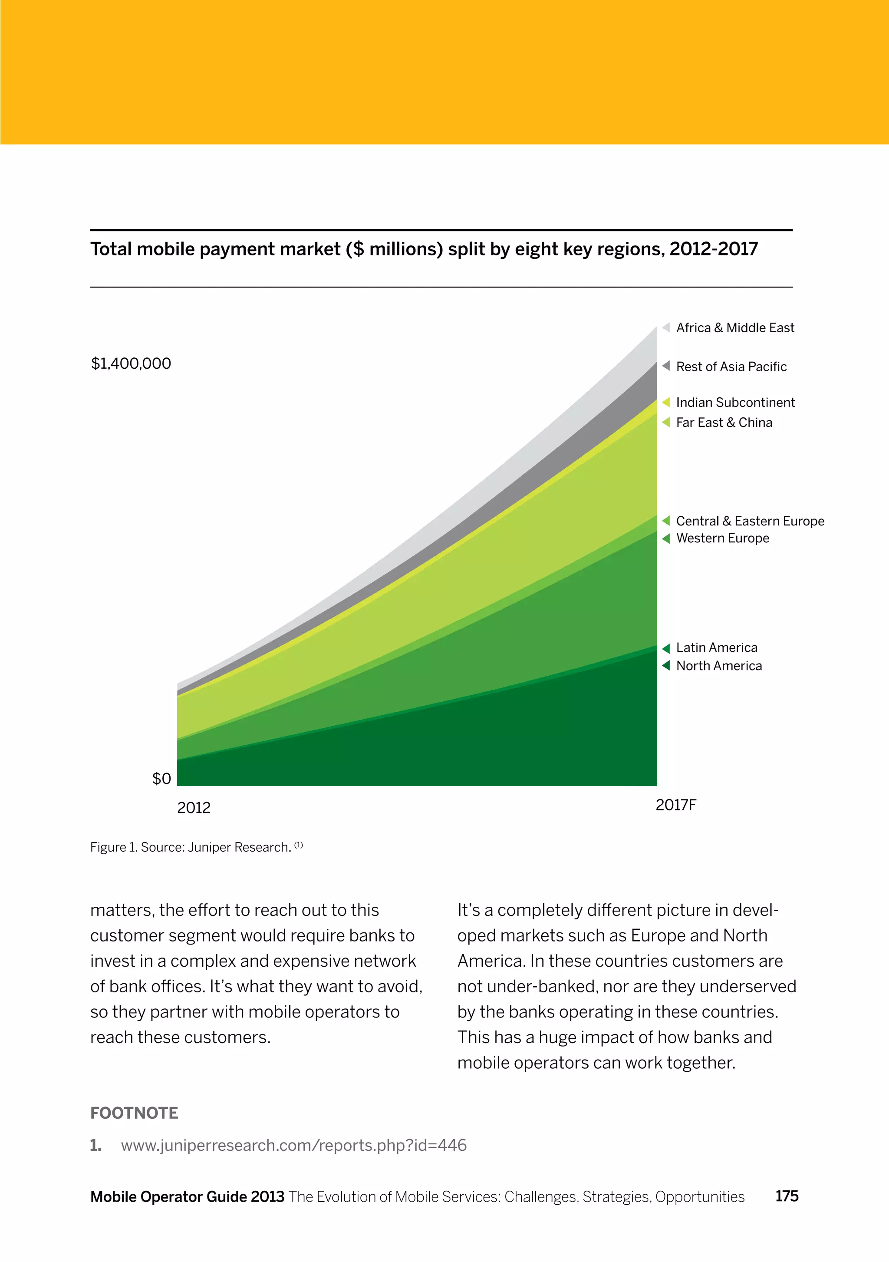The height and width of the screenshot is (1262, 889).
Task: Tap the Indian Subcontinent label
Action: tap(735, 403)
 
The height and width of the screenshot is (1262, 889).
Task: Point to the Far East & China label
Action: tap(724, 423)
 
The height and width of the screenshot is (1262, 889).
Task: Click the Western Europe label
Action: tap(722, 538)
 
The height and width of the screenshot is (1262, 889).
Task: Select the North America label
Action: tap(719, 666)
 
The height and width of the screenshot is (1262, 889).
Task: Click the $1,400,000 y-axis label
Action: tap(131, 364)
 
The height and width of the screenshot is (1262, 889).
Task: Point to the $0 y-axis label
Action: tap(161, 779)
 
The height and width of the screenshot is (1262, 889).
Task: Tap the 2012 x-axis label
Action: tap(194, 808)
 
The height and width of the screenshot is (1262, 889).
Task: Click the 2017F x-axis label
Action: tap(675, 805)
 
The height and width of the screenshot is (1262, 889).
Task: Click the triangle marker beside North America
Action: tap(666, 666)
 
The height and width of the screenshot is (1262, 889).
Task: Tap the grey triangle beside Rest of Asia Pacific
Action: tap(666, 366)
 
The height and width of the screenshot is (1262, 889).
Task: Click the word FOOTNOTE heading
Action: tap(134, 1113)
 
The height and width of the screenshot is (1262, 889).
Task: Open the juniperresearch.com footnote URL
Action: tap(293, 1146)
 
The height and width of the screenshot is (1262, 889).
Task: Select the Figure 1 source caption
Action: tap(196, 848)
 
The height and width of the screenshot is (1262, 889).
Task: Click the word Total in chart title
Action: tap(111, 250)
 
